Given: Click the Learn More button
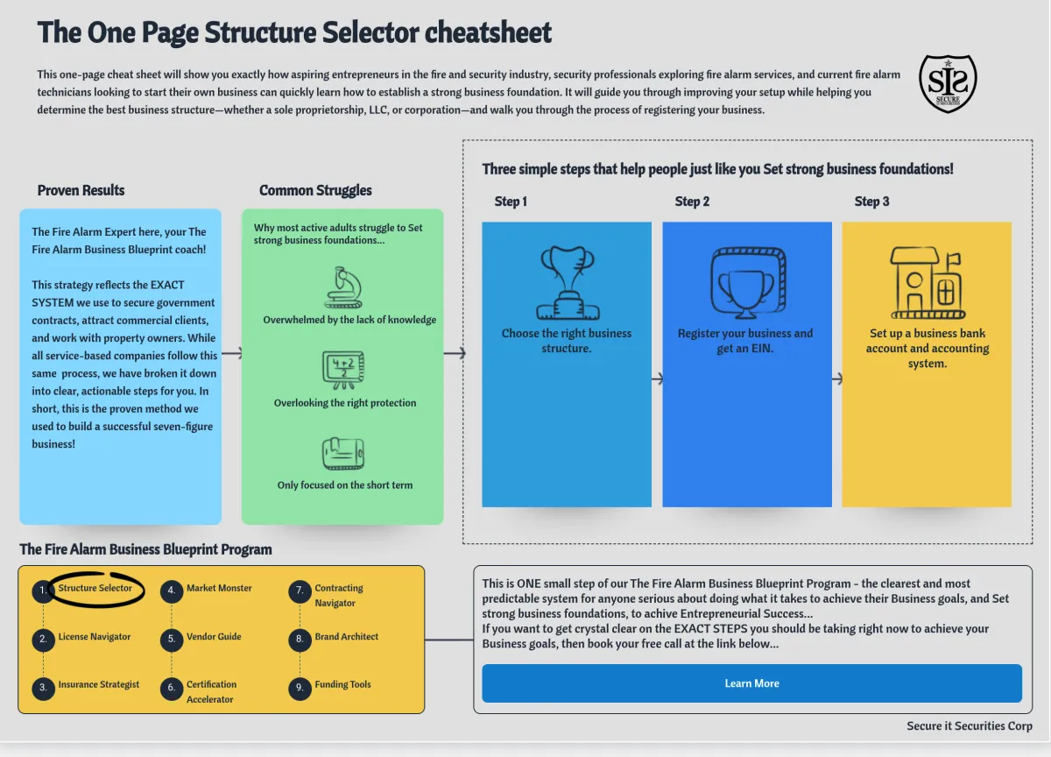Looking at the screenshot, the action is (751, 683).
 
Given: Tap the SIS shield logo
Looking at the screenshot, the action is (948, 83).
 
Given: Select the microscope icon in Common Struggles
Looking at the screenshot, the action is (343, 287).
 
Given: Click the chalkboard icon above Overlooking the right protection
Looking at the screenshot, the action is (343, 371).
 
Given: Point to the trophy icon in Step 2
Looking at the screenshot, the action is (748, 283).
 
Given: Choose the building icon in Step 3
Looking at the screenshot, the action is (928, 283).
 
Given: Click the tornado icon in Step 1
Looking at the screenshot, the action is (568, 283).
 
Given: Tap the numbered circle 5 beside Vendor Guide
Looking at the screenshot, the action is (172, 640).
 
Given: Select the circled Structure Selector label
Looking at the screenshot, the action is (95, 588).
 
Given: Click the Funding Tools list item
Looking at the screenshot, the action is (342, 684).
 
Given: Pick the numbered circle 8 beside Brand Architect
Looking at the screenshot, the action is (300, 640).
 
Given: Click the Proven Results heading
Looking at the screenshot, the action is (81, 190).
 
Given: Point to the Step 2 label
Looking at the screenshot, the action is (692, 202).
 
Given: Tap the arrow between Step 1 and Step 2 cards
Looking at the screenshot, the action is (658, 378).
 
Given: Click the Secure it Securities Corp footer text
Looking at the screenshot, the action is (970, 726).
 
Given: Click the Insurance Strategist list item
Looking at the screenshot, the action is (98, 684).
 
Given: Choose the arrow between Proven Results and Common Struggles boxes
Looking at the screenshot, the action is (232, 353).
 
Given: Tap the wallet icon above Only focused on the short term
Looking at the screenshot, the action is (343, 453).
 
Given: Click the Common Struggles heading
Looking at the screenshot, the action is (315, 190).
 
